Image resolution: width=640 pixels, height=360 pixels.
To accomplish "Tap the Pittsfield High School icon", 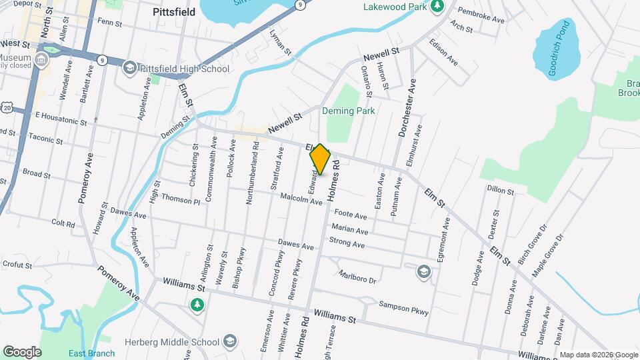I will [x=130, y=68].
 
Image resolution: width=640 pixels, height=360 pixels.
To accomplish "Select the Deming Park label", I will [x=349, y=111].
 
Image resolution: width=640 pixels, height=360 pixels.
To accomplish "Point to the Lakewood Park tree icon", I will [x=437, y=7].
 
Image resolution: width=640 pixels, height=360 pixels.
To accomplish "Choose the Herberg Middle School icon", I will [x=229, y=342].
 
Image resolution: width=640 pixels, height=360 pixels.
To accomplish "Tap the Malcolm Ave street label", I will [x=301, y=198].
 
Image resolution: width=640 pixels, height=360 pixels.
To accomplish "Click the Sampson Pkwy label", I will [x=403, y=307].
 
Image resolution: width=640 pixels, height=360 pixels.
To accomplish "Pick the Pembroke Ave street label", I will [x=479, y=12].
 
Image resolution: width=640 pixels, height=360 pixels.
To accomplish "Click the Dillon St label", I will [x=500, y=190].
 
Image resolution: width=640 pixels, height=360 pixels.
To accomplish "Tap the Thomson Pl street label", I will [x=180, y=199].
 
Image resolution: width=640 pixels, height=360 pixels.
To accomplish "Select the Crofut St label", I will [x=17, y=265].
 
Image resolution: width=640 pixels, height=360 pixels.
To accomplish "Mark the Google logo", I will [x=22, y=351].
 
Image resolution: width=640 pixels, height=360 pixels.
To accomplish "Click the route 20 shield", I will [x=6, y=107].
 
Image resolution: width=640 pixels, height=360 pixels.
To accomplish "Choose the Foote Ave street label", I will [x=351, y=215].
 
